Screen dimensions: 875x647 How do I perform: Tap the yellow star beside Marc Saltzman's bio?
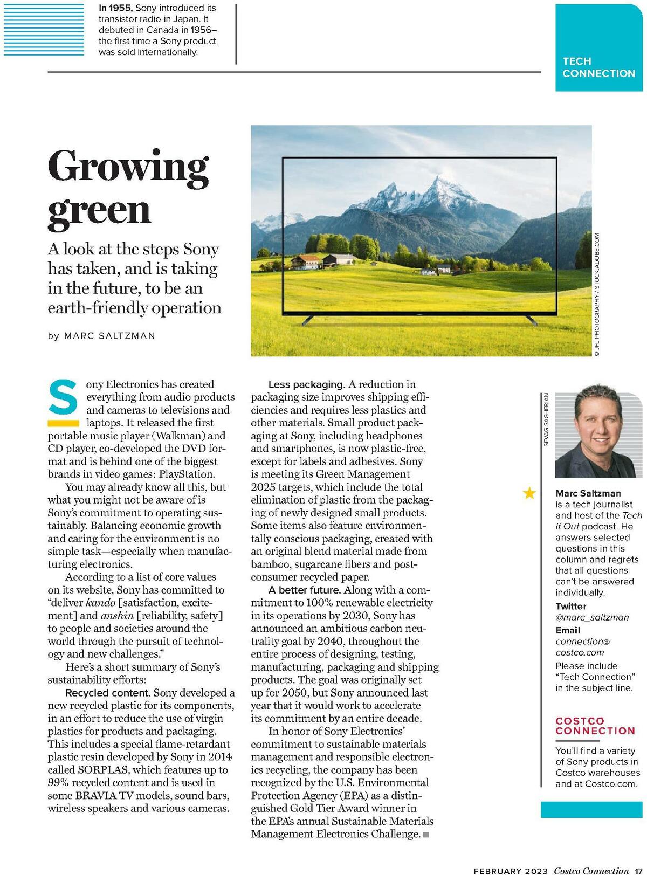coord(530,493)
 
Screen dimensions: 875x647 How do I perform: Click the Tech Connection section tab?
coord(598,67)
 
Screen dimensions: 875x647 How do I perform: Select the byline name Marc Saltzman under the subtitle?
coord(109,336)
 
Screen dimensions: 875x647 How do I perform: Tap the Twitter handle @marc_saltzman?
coord(592,617)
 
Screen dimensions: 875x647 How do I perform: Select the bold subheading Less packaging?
coord(306,384)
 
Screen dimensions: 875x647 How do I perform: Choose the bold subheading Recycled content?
coord(107,693)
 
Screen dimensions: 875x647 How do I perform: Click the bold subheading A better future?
coord(305,590)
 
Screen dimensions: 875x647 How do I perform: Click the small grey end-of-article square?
coord(426,835)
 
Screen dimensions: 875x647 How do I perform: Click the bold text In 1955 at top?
coord(116,8)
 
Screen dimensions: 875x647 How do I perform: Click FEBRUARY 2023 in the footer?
coord(511,871)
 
